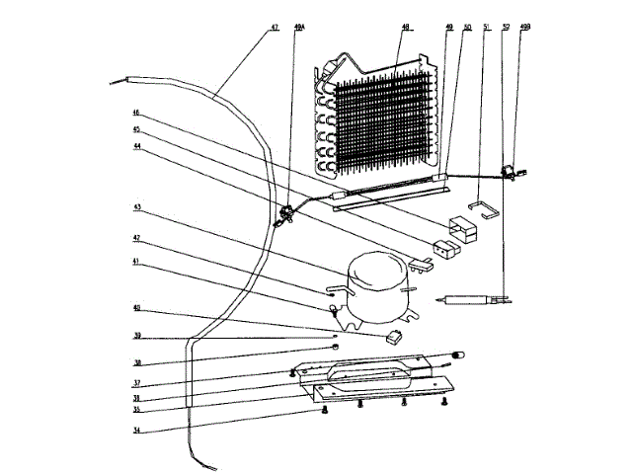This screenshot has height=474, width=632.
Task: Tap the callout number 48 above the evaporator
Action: point(404,27)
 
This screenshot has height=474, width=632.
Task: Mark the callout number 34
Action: point(138,430)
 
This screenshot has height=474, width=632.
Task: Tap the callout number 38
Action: point(138,361)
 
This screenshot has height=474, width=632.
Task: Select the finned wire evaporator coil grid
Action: point(380,123)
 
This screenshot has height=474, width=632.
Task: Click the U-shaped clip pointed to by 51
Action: point(483,210)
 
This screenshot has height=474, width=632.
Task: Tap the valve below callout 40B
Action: point(511,173)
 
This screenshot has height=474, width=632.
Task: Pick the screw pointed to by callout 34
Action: point(325,410)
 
